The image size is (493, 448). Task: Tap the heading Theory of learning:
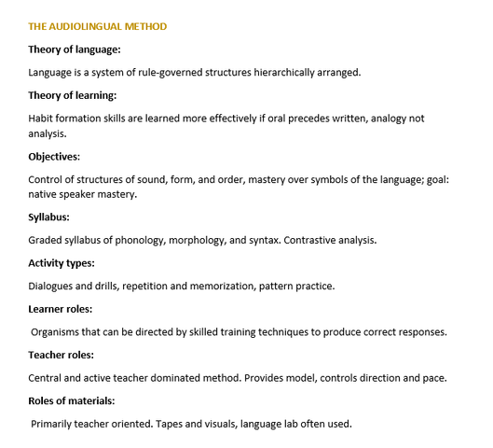pos(73,95)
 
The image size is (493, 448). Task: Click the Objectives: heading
pos(54,156)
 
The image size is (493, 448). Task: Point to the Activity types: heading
pos(62,262)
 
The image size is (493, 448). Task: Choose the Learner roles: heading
pos(61,308)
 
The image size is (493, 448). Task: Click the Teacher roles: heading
pos(62,355)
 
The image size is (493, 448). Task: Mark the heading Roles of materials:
pos(72,400)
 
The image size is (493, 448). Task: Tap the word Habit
pos(43,118)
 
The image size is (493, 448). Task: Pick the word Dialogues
pos(54,286)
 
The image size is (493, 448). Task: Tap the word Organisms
pos(58,331)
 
